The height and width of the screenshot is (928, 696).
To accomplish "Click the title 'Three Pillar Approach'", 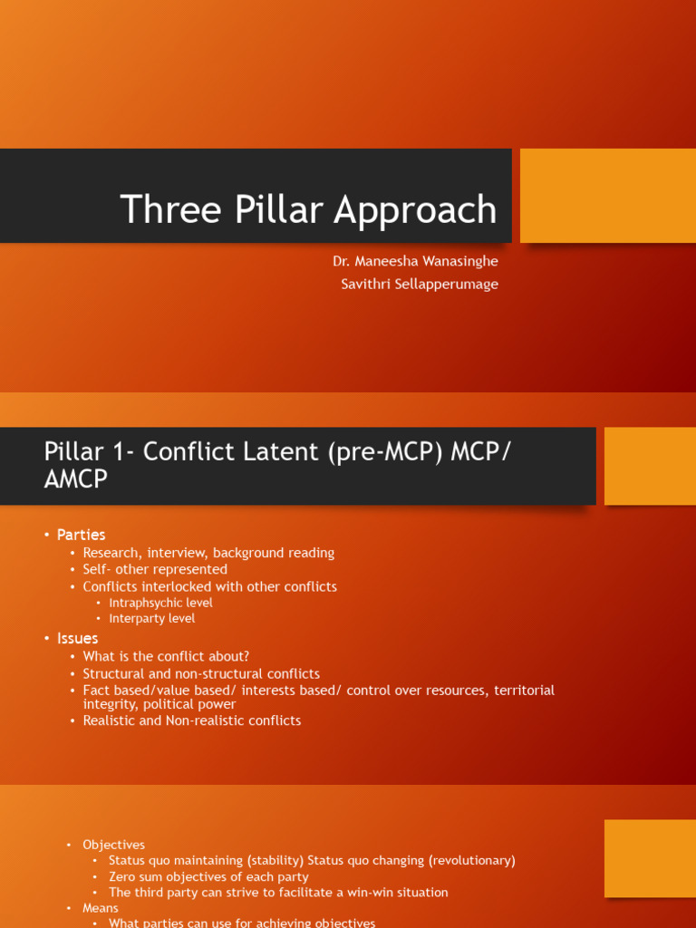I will [x=308, y=209].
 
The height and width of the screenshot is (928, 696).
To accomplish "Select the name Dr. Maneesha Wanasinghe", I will [x=415, y=261].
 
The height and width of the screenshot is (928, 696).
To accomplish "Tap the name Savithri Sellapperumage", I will [x=419, y=284].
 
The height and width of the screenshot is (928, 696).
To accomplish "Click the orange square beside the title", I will [x=607, y=196].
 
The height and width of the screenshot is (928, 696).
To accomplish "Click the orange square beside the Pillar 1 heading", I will [x=649, y=466].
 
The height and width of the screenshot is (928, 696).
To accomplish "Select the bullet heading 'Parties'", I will [x=81, y=535].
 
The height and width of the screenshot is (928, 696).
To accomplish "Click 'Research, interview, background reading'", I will [x=208, y=553].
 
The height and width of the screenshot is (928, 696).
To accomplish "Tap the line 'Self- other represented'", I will [x=155, y=569].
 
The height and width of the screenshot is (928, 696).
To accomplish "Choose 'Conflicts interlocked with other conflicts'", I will [x=209, y=586].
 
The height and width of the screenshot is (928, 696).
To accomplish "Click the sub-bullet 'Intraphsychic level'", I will [x=160, y=603].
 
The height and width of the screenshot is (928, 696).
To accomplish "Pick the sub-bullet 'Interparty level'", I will [x=151, y=618].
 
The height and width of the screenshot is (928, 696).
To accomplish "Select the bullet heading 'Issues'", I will [x=77, y=638].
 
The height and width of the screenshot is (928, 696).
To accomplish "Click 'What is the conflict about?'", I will [x=166, y=656].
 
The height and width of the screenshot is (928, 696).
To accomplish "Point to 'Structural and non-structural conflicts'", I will [x=201, y=673].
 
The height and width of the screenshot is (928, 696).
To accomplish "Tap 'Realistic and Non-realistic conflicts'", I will [x=191, y=720].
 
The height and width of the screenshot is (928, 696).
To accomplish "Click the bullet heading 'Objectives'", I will [x=113, y=845].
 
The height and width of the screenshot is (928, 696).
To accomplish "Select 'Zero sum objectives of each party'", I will [x=208, y=876].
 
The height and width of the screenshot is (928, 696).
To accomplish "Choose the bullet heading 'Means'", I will [x=101, y=908].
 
